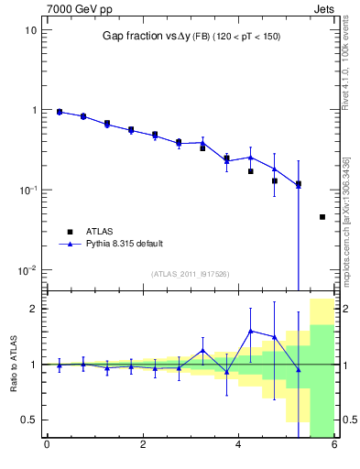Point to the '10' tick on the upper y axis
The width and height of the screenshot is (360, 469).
(x=31, y=30)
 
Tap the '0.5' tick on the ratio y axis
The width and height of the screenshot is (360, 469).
(x=28, y=420)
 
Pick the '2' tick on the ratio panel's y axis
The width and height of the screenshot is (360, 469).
(x=34, y=309)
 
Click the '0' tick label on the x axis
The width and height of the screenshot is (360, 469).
(x=47, y=447)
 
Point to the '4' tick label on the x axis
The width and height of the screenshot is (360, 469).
(x=238, y=447)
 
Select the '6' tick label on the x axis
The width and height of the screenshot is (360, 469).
(x=334, y=447)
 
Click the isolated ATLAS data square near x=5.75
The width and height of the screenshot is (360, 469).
(x=322, y=217)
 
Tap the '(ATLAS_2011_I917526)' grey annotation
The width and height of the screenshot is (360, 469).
(x=190, y=275)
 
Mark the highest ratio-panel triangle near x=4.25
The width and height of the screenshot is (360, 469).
(x=250, y=331)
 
